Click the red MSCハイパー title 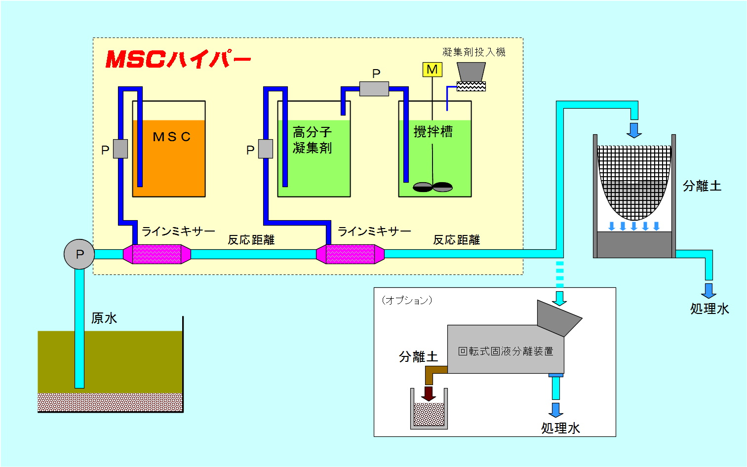(x=178, y=59)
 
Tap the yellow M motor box (x=432, y=70)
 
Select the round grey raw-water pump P (x=79, y=254)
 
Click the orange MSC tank (x=169, y=163)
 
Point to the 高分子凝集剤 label (x=312, y=140)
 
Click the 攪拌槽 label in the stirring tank (x=433, y=132)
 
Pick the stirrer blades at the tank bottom (x=432, y=187)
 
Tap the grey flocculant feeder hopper (x=471, y=72)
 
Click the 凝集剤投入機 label (x=473, y=52)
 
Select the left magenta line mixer (x=157, y=254)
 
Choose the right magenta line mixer (x=350, y=254)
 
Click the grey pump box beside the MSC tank (x=120, y=149)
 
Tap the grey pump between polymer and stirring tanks (x=374, y=89)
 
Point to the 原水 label (x=104, y=318)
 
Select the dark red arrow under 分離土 (x=429, y=393)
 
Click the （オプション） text (x=407, y=300)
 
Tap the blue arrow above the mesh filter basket (x=634, y=130)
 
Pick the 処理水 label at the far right (x=709, y=309)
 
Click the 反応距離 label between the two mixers (x=251, y=240)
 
